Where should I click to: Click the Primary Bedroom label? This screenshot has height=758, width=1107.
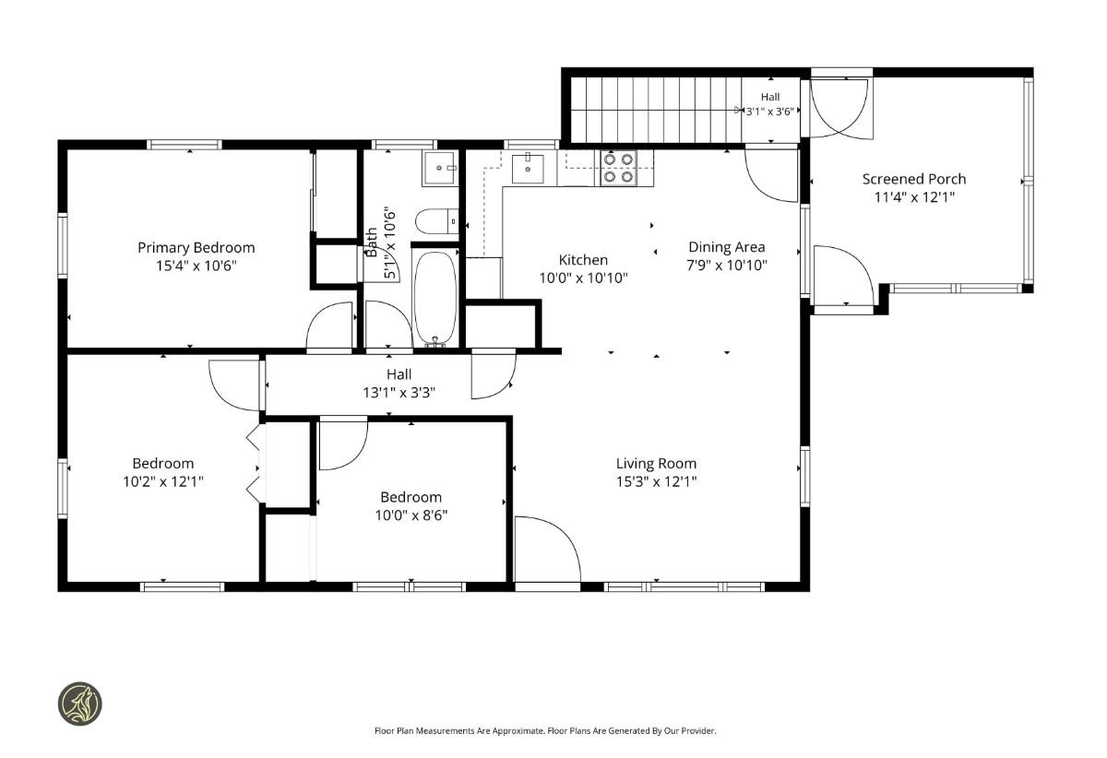pos(196,247)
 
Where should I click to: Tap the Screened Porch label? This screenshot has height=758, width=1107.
pos(914,179)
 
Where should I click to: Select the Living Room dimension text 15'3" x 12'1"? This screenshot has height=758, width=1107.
pos(656,481)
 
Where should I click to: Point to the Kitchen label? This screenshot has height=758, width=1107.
pos(583,259)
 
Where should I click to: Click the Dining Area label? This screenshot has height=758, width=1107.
pos(727,246)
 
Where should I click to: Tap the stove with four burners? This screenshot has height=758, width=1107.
pos(618,168)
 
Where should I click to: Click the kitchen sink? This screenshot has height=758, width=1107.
pos(528,169)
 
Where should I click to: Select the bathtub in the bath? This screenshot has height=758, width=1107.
pos(434,298)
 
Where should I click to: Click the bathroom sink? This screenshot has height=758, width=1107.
pos(439,168)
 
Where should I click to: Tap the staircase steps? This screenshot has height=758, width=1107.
pos(656,109)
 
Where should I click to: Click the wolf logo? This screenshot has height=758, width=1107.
pos(80,704)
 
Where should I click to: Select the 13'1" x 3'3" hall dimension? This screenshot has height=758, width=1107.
pos(399,393)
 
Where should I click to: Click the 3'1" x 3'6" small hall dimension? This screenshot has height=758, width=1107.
pos(770,112)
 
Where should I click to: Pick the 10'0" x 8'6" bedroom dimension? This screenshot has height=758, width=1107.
pos(411,515)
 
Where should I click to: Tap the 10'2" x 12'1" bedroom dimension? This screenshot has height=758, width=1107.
pos(163,481)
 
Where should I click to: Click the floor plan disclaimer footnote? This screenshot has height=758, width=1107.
pos(545,731)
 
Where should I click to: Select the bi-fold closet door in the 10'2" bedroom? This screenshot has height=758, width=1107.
pos(253,464)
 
